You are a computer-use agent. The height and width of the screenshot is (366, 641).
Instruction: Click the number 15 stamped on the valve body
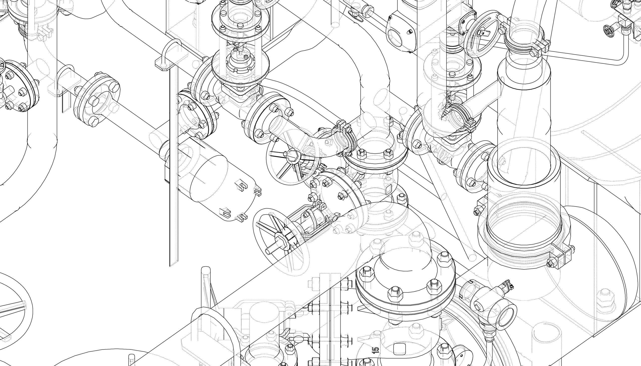coord(375,350)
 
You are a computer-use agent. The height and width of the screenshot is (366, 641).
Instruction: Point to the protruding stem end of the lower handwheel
coord(270,251)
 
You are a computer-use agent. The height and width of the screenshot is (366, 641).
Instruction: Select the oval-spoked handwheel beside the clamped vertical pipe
coord(482,35)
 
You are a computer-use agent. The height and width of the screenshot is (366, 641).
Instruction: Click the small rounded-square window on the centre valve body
coord(388,189)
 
